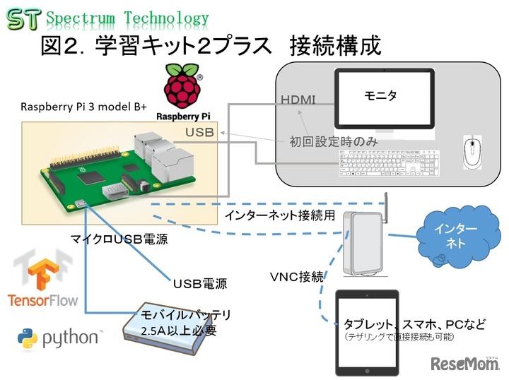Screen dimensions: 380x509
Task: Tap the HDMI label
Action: [x=298, y=100]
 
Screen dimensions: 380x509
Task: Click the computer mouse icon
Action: [x=472, y=152]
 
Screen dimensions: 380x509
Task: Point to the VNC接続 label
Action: [x=297, y=277]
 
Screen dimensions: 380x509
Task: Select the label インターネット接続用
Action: [x=281, y=215]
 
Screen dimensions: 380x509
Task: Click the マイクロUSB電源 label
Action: [x=121, y=241]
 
